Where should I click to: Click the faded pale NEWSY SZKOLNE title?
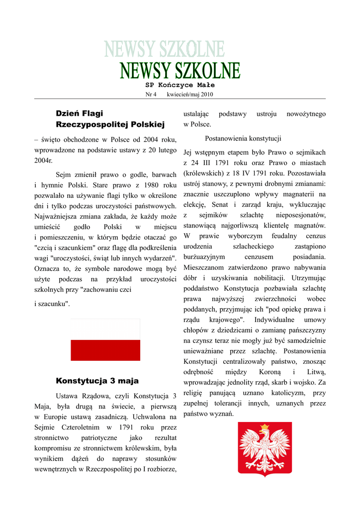(165, 49)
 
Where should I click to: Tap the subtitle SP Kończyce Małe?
(180, 85)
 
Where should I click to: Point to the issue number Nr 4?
(151, 94)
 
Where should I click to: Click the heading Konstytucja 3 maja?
(97, 381)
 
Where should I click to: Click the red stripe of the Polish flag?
(105, 350)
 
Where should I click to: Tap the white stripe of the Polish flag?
(105, 330)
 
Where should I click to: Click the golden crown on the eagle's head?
(265, 427)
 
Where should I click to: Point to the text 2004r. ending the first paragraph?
(43, 161)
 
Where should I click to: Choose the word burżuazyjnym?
(204, 256)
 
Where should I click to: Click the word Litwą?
(316, 372)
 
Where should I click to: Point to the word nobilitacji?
(268, 277)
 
